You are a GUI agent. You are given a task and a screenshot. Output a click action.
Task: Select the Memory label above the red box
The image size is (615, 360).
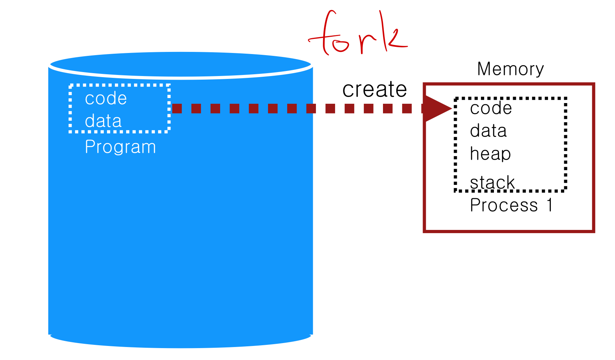tap(510, 69)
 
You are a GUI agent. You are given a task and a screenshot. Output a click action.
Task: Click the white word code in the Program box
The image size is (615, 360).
tap(106, 98)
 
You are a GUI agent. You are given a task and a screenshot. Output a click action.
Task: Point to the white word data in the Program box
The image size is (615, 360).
tap(103, 121)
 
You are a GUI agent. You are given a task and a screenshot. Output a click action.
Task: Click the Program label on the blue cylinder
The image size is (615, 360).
tap(120, 147)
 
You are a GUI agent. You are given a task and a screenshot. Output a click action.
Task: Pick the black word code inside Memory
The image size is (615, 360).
tap(491, 108)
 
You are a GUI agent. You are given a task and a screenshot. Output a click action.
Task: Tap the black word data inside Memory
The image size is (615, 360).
tap(488, 131)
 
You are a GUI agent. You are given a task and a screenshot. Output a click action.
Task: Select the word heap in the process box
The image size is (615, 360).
tap(490, 154)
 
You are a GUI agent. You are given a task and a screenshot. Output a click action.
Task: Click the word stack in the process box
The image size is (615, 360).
tap(492, 182)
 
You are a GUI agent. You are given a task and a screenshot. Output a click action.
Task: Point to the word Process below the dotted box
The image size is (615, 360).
tap(504, 205)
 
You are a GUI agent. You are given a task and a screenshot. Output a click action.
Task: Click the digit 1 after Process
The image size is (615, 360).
tap(549, 205)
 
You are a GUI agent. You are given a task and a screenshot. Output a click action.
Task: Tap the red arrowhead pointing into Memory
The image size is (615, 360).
tap(437, 108)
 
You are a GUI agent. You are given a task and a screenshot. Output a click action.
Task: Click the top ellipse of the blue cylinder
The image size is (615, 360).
tap(180, 65)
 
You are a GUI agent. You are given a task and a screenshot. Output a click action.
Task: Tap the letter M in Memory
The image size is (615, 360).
tap(485, 69)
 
